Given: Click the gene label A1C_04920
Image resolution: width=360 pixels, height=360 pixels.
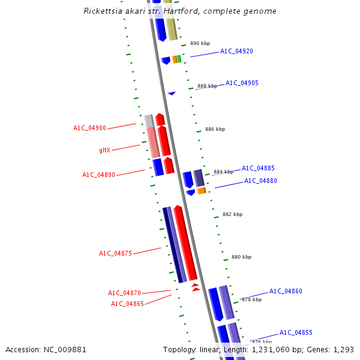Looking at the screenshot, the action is pos(236,51).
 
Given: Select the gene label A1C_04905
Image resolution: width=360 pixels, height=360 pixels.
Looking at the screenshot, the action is pos(242,83).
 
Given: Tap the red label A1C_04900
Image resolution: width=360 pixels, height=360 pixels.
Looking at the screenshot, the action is pos(89,128).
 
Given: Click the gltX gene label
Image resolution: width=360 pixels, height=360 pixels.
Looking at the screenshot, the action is pos(104,150).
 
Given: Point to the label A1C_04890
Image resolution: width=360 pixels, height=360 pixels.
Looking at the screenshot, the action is pos(98,175).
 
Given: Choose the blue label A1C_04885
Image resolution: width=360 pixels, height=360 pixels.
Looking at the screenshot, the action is pos(258,168).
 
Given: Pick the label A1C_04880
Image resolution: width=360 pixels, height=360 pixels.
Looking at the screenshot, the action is pos(260,181).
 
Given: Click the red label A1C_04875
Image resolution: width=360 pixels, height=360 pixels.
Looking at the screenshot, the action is pos(115,254).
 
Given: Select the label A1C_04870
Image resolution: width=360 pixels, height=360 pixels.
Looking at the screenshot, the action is pos(124,293).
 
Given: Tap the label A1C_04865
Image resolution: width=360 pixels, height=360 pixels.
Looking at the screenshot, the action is pos(127,304).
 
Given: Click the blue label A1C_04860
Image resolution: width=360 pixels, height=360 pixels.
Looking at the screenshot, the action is pos(286,291).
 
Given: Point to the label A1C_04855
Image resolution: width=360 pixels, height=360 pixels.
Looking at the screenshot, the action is pos(296,332).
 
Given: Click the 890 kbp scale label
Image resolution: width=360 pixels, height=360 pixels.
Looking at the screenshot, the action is pos(200,43).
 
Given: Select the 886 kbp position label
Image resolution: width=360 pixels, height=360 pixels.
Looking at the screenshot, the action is pos(215,129).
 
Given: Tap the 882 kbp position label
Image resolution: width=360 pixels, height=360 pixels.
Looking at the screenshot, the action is pos(232,214).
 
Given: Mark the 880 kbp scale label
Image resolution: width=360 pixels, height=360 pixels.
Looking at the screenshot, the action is pos(241,257).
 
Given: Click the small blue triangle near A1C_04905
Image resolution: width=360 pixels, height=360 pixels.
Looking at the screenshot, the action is pos(172,93).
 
